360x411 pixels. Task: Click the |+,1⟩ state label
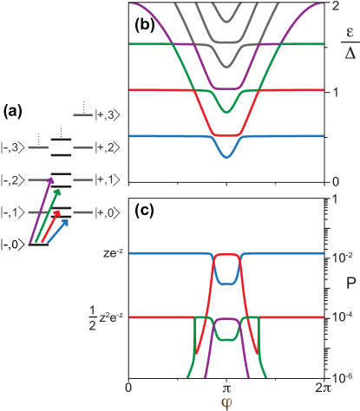point(109,179)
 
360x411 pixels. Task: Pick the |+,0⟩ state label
point(109,212)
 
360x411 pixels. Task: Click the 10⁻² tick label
point(338,255)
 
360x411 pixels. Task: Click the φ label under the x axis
point(226,402)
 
